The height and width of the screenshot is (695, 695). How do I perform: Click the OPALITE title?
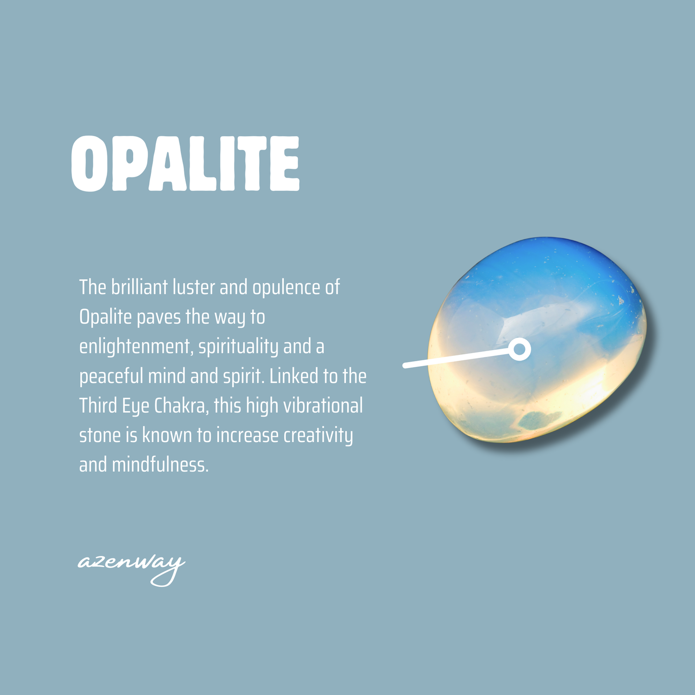(186, 164)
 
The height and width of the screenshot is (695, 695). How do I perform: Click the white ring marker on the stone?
(519, 349)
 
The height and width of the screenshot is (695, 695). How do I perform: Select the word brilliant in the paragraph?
(139, 287)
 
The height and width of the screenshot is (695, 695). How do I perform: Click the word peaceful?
(111, 377)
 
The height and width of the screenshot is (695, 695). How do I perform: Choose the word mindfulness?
(160, 465)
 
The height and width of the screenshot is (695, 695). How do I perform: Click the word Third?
(98, 406)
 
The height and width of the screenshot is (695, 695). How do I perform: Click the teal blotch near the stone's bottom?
(538, 420)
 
